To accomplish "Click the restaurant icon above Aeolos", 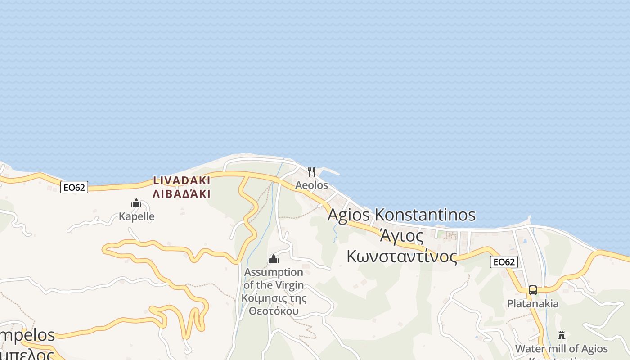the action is [311, 171].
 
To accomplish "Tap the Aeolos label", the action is [311, 185].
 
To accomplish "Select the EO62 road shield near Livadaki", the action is [74, 188].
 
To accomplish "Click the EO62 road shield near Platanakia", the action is [504, 262].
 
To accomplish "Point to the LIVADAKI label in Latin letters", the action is [181, 181].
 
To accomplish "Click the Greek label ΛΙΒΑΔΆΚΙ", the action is [181, 194].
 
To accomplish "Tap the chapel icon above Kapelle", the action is [136, 203].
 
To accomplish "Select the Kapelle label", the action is [136, 216].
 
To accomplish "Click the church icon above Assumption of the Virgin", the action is [273, 259].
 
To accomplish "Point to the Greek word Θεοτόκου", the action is [274, 311].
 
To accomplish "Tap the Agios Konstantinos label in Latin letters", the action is [401, 215].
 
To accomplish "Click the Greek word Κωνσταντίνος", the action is [402, 256].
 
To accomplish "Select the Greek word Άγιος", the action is [401, 235].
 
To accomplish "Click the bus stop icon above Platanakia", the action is [533, 290].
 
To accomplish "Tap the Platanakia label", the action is [533, 304].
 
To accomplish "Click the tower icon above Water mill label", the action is [561, 335].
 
